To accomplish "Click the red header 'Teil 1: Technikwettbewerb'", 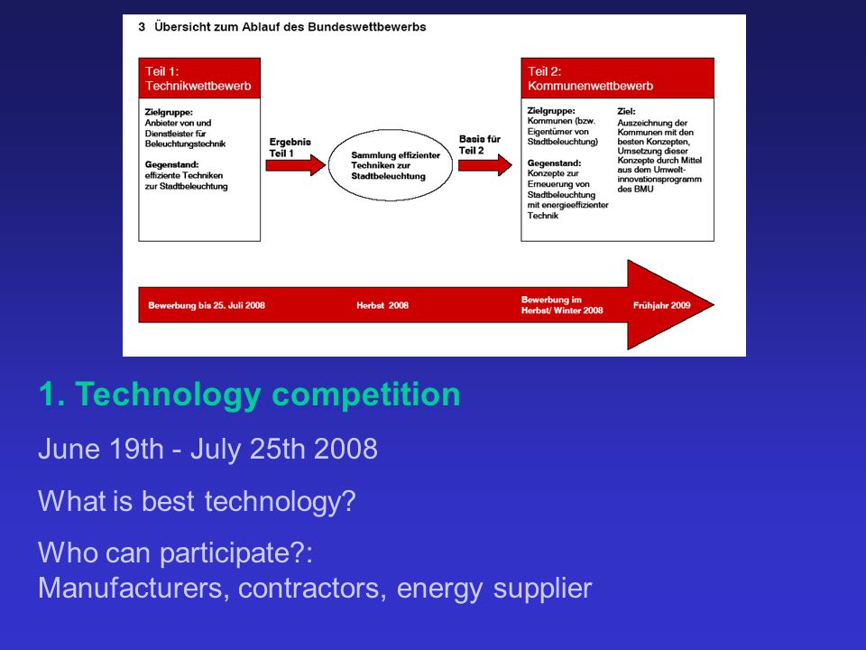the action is coord(199,79).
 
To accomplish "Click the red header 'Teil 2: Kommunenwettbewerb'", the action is coord(617,79).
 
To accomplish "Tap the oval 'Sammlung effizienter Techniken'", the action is coord(391,165).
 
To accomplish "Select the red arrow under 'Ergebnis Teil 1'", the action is coord(296,165).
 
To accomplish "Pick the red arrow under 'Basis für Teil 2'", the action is coord(485,165).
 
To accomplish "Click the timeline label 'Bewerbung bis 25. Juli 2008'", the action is coord(207,305).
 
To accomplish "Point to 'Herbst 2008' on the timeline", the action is coord(382,305).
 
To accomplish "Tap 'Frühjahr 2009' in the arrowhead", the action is coord(661,305).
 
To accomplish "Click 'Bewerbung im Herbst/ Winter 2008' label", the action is coord(562,305).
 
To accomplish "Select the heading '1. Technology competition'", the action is coord(249,395).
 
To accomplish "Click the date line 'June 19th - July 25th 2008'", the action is coord(207,449).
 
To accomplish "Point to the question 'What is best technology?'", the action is coord(197,501).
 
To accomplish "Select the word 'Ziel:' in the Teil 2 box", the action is coord(626,112).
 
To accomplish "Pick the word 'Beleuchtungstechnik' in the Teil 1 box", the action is coord(185,144).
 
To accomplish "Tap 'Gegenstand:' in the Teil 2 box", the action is coord(554,163).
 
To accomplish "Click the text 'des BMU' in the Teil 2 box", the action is coord(635,189).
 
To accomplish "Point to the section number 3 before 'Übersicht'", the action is coord(142,26).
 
